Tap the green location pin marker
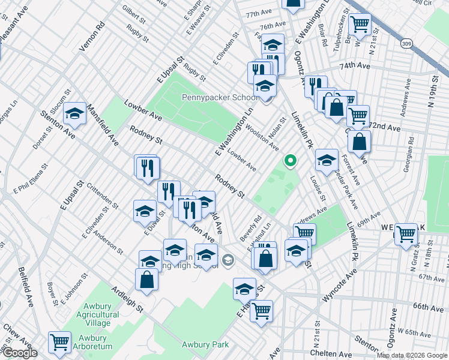click(291, 161)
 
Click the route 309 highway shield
click(408, 43)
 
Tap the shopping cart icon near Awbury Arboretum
click(59, 342)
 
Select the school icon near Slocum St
click(75, 113)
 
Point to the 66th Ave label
click(429, 307)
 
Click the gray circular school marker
click(228, 260)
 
